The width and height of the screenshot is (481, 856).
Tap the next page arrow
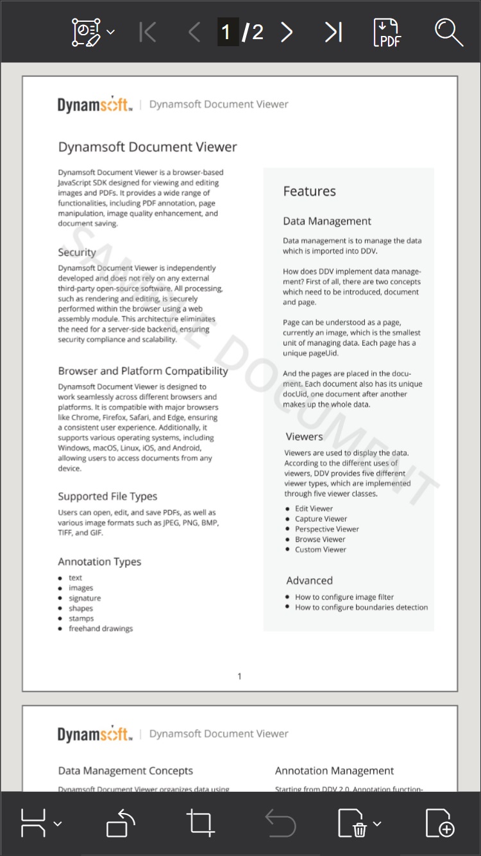287,32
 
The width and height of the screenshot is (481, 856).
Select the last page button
333,32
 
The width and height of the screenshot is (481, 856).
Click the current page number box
226,32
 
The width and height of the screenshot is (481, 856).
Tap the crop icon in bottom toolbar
200,823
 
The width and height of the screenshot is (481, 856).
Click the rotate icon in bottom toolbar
121,823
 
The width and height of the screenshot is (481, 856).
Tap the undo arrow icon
280,823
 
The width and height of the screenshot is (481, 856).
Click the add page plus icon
440,823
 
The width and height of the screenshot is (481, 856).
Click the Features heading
309,191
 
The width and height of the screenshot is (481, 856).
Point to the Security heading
77,252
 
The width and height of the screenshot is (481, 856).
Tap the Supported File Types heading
107,496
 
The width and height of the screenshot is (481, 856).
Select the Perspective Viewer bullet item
326,529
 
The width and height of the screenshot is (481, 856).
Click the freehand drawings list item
101,629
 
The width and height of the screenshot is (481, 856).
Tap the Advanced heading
309,581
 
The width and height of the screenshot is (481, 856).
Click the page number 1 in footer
240,676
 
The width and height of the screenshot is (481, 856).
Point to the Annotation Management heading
334,771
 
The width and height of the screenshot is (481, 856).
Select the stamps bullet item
81,619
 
